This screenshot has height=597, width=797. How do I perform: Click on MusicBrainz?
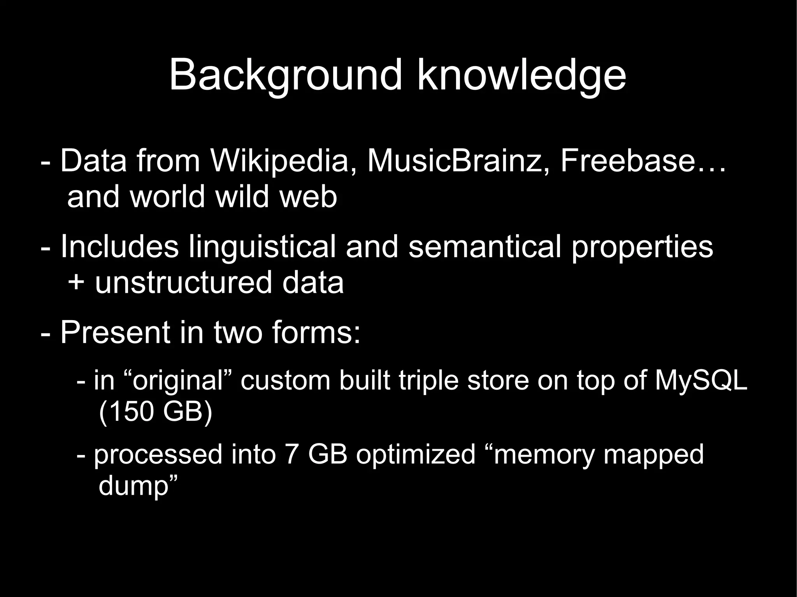click(458, 161)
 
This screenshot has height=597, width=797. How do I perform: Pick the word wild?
click(242, 196)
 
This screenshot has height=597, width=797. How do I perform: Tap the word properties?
click(642, 247)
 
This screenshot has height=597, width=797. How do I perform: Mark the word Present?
click(115, 333)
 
